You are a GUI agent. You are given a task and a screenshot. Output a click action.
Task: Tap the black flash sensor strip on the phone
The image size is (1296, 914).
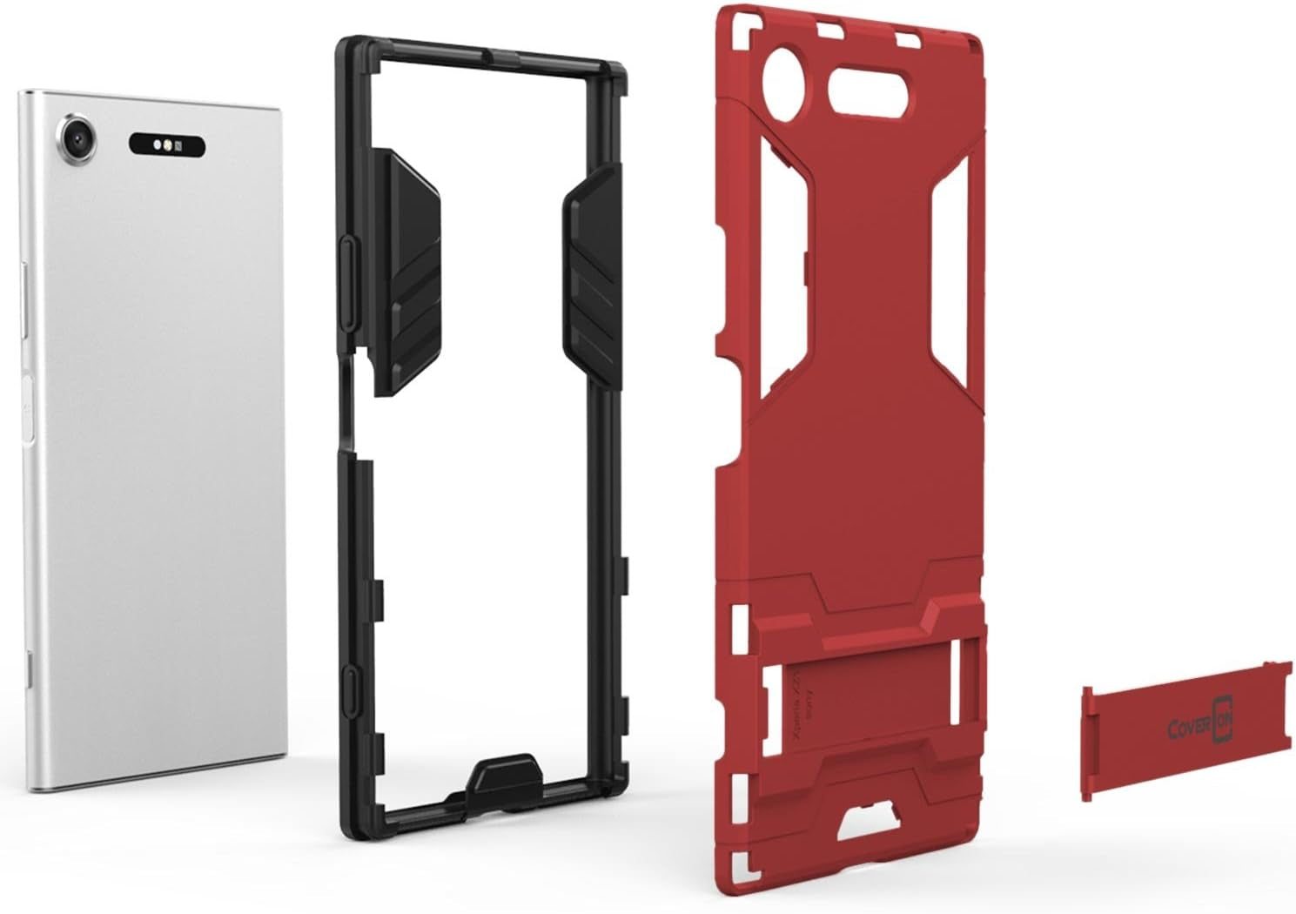click(x=167, y=144)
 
